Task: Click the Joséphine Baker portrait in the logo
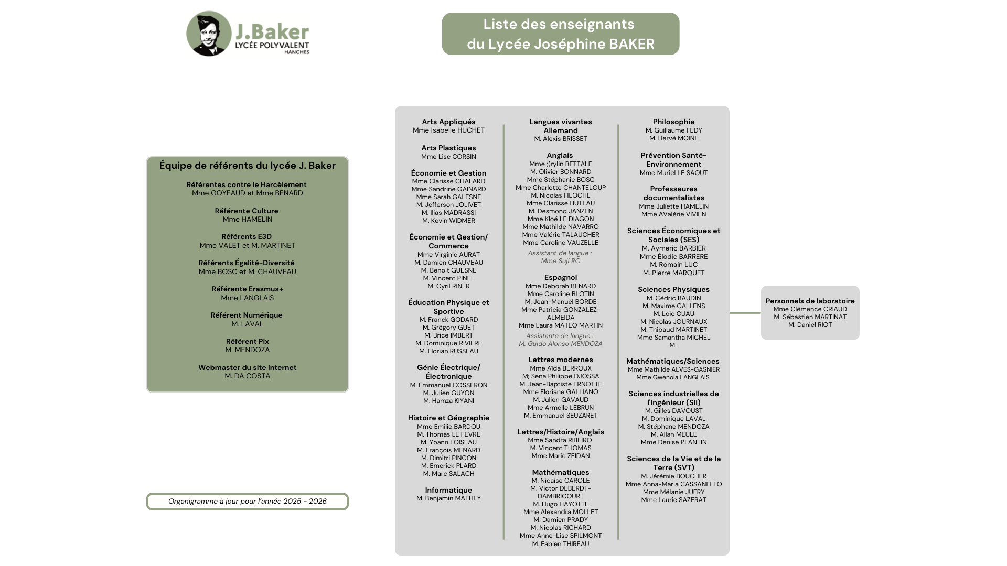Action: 209,34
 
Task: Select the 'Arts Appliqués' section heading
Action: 448,122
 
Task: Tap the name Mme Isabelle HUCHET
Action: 448,130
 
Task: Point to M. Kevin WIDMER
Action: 448,221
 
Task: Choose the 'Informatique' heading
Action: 448,490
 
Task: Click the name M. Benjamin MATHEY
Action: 448,498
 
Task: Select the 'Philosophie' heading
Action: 673,122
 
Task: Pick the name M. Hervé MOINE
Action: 673,138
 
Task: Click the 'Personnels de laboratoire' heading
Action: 810,301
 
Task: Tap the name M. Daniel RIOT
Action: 810,325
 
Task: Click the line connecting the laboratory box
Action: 745,313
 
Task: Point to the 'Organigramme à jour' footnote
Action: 247,502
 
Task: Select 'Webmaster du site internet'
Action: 247,367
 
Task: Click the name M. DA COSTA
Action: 247,376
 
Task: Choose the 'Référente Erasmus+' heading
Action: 247,289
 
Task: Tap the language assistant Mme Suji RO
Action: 560,261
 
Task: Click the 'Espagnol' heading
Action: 560,277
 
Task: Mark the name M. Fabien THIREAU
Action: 560,544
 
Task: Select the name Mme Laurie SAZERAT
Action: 673,500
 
